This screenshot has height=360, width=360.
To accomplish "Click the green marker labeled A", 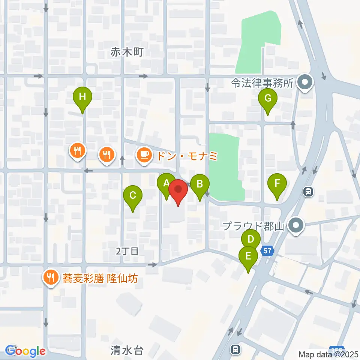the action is click(166, 184).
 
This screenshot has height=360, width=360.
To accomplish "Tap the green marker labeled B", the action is click(200, 184).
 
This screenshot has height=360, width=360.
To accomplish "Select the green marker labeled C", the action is click(133, 195).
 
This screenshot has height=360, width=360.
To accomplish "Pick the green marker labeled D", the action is click(251, 239).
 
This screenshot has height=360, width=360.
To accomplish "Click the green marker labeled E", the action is click(248, 256).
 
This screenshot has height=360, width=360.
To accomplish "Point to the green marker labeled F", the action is click(277, 184).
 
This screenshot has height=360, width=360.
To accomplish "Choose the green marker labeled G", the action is click(268, 99).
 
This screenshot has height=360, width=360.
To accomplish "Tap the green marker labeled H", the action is click(82, 97).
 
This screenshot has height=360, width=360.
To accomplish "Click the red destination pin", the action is click(178, 190).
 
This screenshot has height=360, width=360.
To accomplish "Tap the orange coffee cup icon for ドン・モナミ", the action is click(143, 154).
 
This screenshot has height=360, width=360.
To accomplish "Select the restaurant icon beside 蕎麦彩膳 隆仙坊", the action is click(50, 277).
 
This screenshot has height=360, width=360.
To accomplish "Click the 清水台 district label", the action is click(127, 351).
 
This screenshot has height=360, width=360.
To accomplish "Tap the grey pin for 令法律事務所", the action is click(304, 82).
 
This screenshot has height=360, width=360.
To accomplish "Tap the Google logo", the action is click(25, 351).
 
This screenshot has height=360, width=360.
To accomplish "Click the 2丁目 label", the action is click(127, 251).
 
